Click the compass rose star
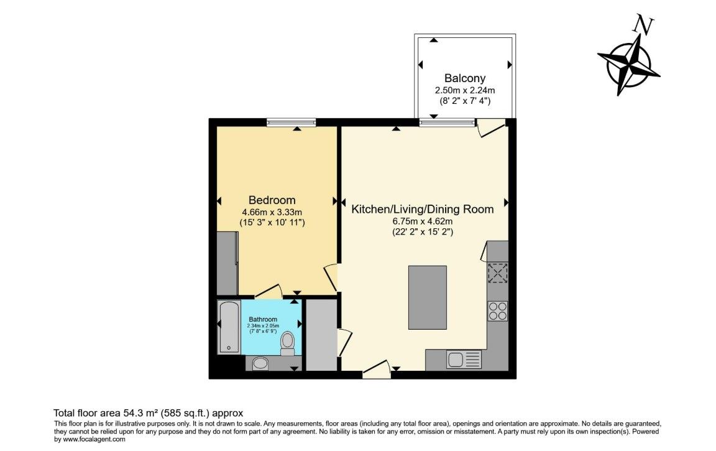click(x=628, y=63)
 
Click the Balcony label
click(x=464, y=78)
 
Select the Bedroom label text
click(x=272, y=200)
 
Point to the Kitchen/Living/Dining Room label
click(x=423, y=209)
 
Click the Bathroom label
click(x=263, y=319)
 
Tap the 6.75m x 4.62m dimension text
click(x=422, y=221)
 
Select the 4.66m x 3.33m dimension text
click(x=272, y=212)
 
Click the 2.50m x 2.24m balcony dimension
click(x=464, y=90)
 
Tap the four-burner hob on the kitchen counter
click(x=497, y=310)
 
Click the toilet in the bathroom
click(x=287, y=343)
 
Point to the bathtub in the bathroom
click(x=228, y=327)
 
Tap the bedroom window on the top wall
click(x=291, y=123)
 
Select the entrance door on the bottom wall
click(x=377, y=371)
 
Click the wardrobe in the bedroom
click(x=227, y=263)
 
